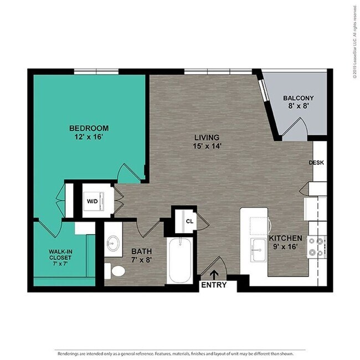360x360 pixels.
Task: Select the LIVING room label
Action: click(x=207, y=137)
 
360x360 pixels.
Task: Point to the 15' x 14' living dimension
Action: click(x=207, y=146)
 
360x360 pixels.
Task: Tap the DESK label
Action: click(x=316, y=163)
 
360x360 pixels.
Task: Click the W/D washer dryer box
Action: click(x=91, y=200)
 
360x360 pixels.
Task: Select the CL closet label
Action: click(x=189, y=220)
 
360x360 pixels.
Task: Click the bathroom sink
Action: click(x=115, y=244)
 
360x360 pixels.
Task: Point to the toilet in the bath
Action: click(x=115, y=271)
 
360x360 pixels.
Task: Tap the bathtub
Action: click(x=180, y=261)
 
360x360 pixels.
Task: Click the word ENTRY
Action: click(x=214, y=285)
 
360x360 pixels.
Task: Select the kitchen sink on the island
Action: click(x=258, y=250)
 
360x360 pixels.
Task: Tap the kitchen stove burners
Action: click(x=316, y=246)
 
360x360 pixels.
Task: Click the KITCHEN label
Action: click(x=286, y=238)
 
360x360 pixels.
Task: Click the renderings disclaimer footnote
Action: click(x=180, y=352)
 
